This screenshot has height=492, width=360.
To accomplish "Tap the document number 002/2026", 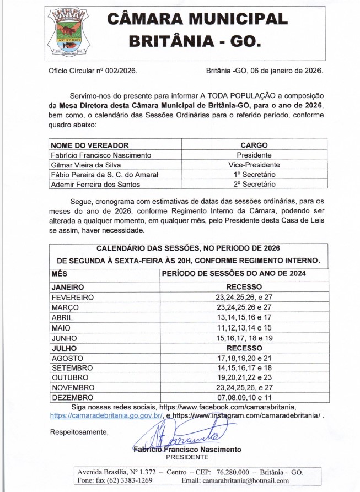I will (x=121, y=72).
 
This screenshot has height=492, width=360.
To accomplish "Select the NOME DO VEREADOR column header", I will (x=90, y=145).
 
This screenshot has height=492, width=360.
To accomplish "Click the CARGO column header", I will (x=254, y=145).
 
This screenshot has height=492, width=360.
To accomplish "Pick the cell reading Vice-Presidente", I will (x=254, y=165).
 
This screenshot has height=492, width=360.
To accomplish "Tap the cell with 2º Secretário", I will (x=254, y=185).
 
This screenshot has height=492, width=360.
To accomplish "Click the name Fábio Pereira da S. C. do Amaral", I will (x=104, y=175).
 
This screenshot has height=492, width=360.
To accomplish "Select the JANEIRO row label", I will (x=68, y=287).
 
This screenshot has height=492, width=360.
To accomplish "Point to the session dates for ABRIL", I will (x=244, y=318).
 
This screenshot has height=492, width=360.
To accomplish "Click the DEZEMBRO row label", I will (x=73, y=397).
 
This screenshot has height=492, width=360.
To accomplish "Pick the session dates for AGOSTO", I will (x=244, y=358).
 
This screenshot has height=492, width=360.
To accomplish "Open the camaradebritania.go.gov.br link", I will (x=106, y=415).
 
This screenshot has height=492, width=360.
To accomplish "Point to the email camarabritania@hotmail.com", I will (x=246, y=480).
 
